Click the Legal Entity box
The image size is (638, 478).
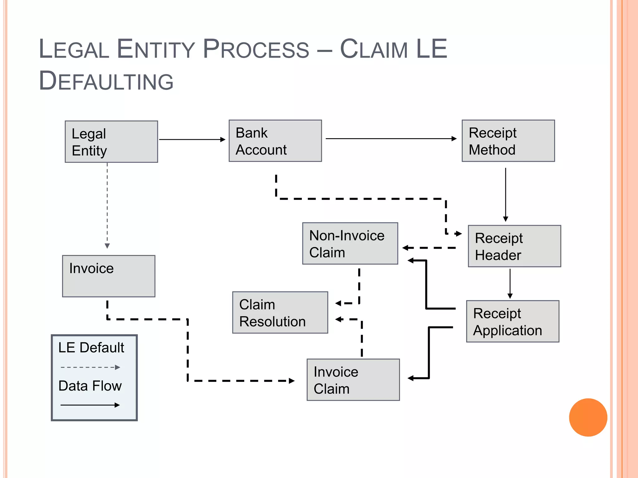(111, 142)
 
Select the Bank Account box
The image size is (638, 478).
(275, 141)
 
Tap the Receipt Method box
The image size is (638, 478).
(508, 141)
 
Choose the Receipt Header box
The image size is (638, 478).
(514, 246)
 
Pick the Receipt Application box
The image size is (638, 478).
(512, 321)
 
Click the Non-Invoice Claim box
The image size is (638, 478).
(350, 243)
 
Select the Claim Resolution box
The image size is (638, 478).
(280, 312)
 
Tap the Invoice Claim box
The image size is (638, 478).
(353, 380)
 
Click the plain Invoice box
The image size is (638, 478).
(108, 276)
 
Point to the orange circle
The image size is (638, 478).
(588, 417)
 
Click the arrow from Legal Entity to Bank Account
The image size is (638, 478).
(192, 139)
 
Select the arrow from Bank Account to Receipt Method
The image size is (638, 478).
(391, 138)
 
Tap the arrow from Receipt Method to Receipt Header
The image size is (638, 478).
(506, 194)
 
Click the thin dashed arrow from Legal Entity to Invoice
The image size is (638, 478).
(107, 205)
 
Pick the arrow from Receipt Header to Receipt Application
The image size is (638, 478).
(510, 283)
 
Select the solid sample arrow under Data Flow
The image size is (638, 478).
(90, 405)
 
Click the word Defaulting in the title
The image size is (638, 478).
(106, 81)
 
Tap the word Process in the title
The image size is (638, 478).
(256, 49)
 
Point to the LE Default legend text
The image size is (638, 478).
(91, 348)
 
